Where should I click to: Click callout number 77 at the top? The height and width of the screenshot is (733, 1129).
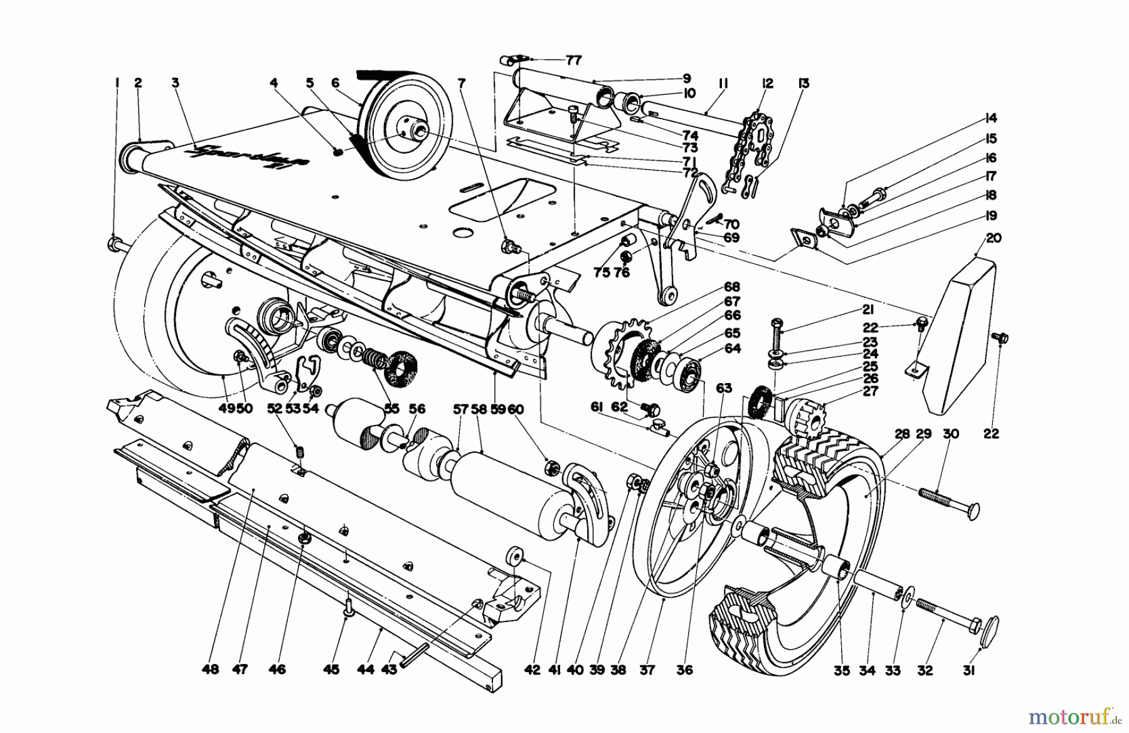(573, 60)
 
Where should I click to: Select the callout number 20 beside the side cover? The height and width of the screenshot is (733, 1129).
(994, 238)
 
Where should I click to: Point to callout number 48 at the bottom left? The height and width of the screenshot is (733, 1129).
(211, 670)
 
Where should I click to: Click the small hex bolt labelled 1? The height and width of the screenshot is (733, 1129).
(115, 243)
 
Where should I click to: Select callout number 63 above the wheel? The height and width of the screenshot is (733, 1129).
(724, 389)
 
